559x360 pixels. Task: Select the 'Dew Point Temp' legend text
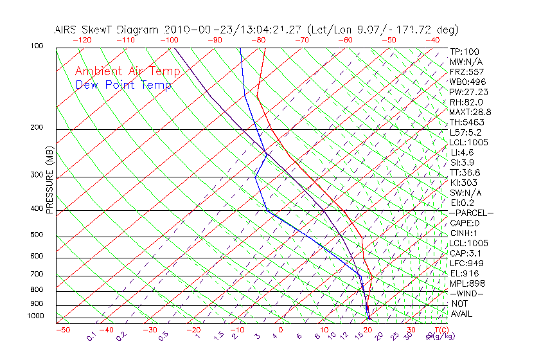point(123,85)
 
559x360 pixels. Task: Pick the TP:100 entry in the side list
point(465,51)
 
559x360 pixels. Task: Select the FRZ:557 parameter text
point(467,71)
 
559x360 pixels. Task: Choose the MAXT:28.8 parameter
point(470,112)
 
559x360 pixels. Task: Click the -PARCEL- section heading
point(472,213)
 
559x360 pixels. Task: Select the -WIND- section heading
point(468,293)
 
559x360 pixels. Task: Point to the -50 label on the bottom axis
point(62,330)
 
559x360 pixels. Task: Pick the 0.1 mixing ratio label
point(91,337)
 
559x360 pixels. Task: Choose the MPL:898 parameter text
point(467,283)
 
